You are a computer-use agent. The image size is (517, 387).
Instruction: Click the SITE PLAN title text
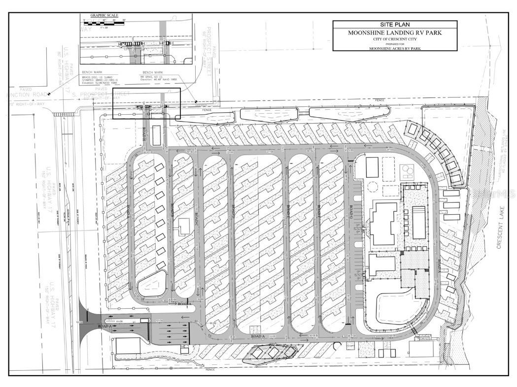pyautogui.click(x=394, y=25)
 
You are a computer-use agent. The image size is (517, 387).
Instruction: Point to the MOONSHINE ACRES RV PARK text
pyautogui.click(x=394, y=48)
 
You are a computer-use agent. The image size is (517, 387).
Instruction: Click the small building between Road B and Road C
pyautogui.click(x=184, y=225)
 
